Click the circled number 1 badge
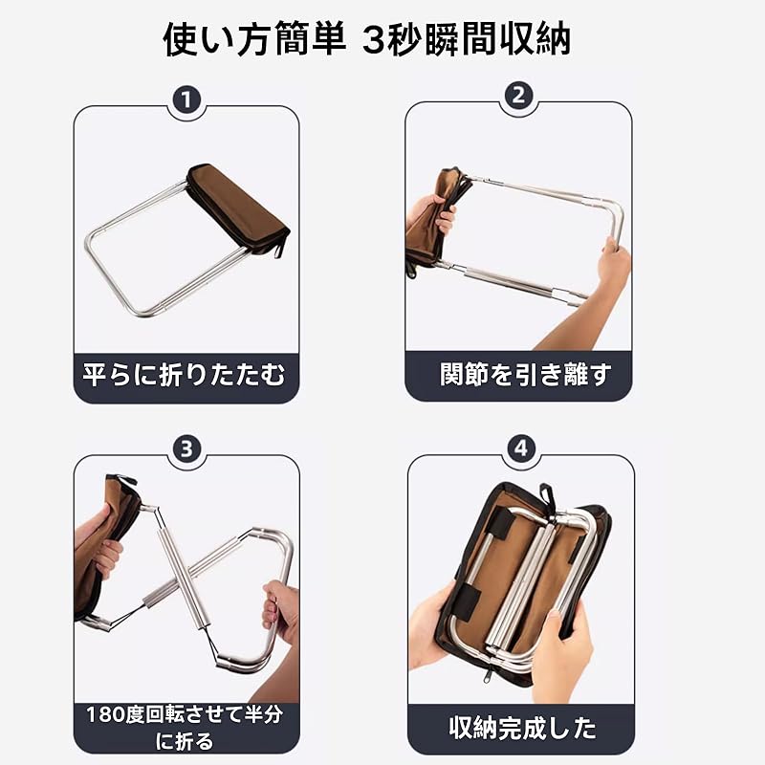(186, 100)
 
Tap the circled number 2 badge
(518, 97)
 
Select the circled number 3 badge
(186, 448)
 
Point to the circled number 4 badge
(521, 448)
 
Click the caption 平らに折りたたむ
(184, 375)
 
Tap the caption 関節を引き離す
(525, 374)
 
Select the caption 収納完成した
(522, 728)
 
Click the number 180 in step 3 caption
(104, 714)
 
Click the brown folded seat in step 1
(238, 208)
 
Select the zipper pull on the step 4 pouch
(487, 676)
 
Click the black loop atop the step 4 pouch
(545, 492)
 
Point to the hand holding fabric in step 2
(433, 213)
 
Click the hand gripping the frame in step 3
(280, 611)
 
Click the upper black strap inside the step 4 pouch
(497, 523)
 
